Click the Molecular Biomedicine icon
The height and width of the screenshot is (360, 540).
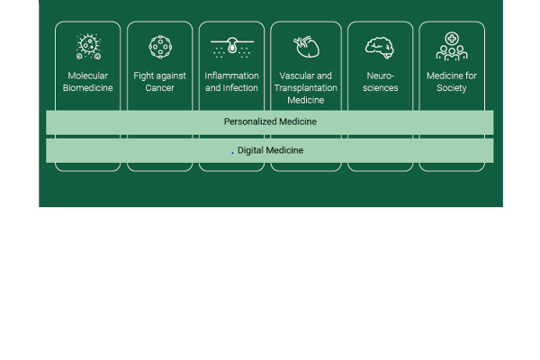pos(88,47)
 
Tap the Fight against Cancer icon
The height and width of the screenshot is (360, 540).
pos(160,47)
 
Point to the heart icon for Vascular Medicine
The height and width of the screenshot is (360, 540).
pos(305,47)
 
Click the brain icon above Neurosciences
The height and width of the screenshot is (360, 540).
pos(380,47)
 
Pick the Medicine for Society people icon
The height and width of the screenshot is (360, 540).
pos(452,47)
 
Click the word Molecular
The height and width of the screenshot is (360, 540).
pos(88,76)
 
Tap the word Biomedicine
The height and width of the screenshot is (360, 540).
pos(88,88)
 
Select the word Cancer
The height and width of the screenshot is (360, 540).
pos(160,88)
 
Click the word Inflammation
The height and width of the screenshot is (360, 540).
pos(231,76)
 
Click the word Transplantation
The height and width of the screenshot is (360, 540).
pos(305,88)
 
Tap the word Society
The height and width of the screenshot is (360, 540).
pos(452,88)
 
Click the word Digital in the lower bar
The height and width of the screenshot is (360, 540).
pos(250,150)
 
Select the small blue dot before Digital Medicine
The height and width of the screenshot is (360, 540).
pos(232,152)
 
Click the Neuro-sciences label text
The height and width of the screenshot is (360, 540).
pos(381,82)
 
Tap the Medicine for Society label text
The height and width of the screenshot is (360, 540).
pos(452,82)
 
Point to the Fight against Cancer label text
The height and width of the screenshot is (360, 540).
pos(160,82)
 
